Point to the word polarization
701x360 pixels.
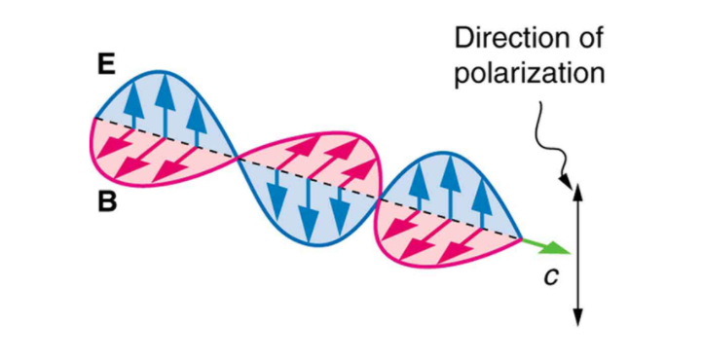click(529, 74)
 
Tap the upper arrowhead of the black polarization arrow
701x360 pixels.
click(577, 188)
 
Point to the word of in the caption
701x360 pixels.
click(587, 40)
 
